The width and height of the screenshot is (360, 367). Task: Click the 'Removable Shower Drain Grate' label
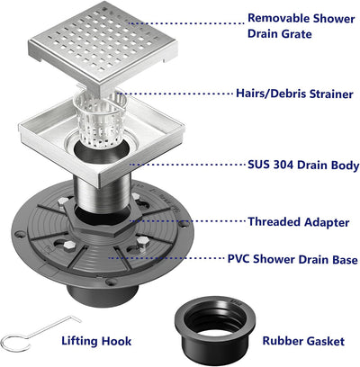click(x=301, y=26)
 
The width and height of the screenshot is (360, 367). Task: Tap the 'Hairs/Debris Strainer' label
click(x=294, y=94)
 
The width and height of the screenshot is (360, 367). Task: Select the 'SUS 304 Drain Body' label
click(x=303, y=165)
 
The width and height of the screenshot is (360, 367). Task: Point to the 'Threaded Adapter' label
click(x=299, y=222)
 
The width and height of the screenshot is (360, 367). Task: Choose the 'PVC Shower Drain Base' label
click(x=292, y=259)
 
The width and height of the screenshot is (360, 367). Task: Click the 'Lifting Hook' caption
click(x=96, y=341)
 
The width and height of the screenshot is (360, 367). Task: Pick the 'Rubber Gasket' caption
click(x=303, y=341)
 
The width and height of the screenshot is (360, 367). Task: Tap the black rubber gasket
click(x=215, y=329)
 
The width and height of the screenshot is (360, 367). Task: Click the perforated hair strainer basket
click(x=96, y=119)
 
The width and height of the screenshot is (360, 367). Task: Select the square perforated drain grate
click(x=103, y=45)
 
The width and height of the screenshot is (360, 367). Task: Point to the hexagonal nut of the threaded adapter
click(x=102, y=219)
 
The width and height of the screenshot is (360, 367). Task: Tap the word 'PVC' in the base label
click(x=238, y=259)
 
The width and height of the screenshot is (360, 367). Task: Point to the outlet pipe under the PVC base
click(x=102, y=295)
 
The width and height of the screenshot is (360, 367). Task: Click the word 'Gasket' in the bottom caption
click(x=324, y=341)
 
